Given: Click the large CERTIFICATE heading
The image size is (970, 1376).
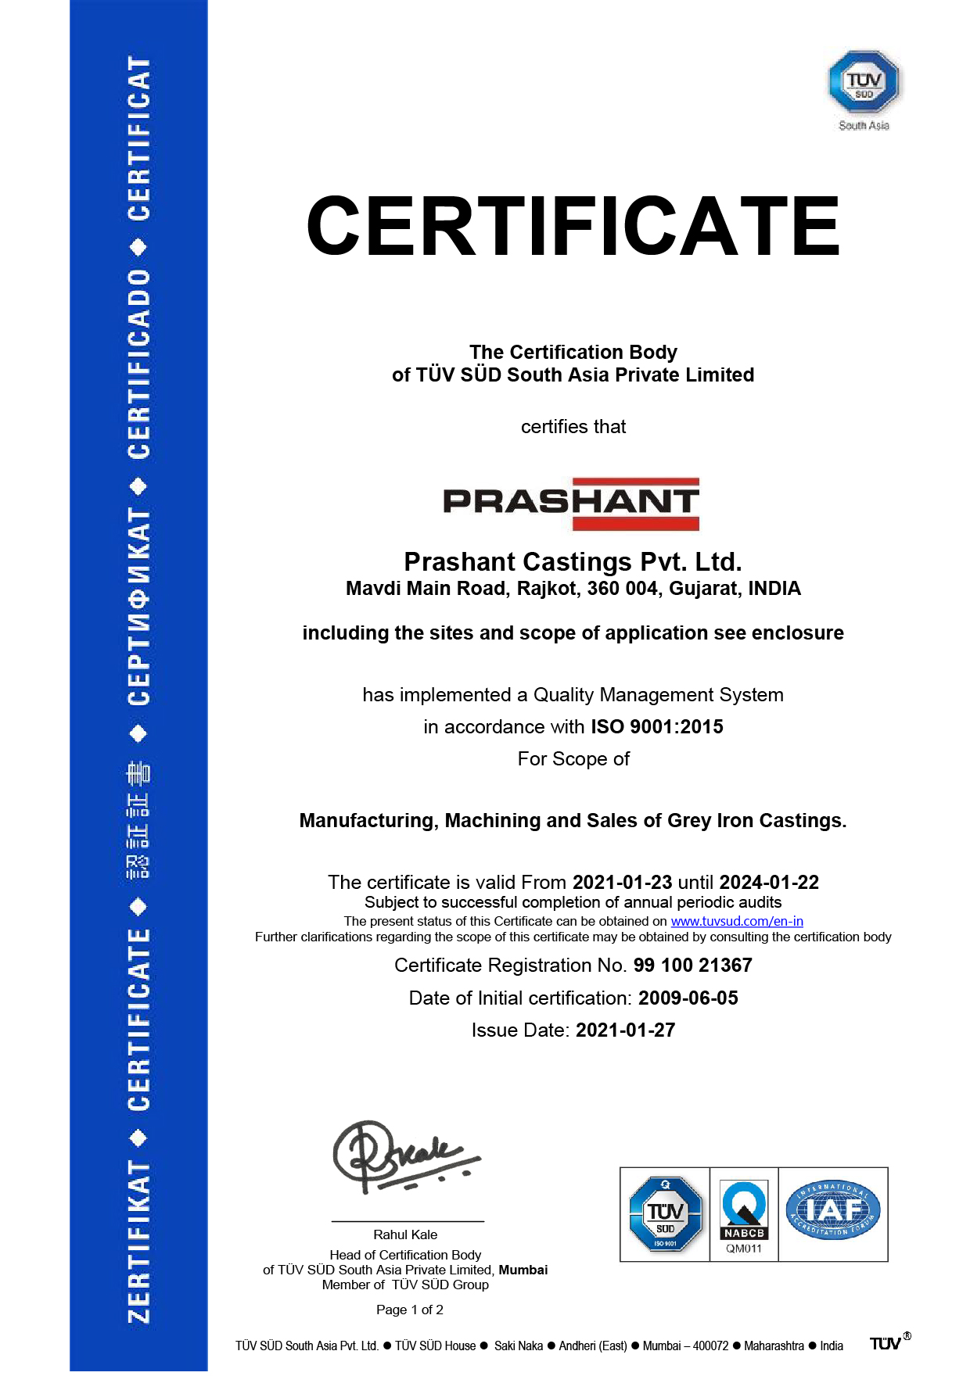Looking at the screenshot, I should point(573,227).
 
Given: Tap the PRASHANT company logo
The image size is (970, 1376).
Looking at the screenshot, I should point(572,503).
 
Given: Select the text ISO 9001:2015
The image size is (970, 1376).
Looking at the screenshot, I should point(657,727).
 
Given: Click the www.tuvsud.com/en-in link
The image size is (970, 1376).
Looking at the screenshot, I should point(737,922).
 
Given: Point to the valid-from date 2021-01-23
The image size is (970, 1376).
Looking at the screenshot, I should point(622,883).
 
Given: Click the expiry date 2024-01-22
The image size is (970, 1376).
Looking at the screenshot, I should point(769,883).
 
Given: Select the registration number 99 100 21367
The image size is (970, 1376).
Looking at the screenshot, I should point(692,966).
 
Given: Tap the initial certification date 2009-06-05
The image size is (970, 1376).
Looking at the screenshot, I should point(688,998).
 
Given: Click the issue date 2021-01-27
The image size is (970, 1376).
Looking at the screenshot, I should point(625,1030).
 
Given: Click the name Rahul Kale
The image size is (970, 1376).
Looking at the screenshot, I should point(405,1235).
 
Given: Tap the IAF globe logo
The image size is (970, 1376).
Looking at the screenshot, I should point(833,1210).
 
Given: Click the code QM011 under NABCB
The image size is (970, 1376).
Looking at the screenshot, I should point(744,1249).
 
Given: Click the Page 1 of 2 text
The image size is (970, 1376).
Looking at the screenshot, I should point(410,1310).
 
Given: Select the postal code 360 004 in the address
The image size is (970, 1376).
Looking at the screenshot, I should point(622,589).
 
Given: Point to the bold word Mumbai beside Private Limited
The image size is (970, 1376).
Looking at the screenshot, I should point(523,1270).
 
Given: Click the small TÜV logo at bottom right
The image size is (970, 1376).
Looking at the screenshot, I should point(886,1344).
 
